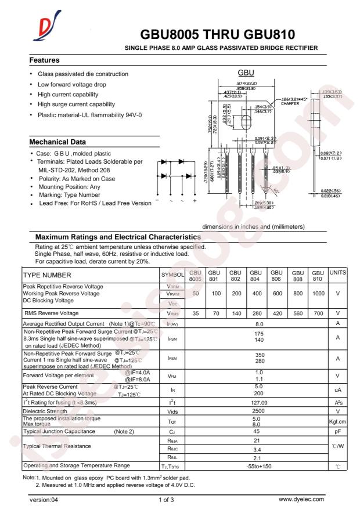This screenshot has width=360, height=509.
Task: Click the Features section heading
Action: coord(45,60)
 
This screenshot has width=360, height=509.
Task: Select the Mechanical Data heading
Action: coord(58,142)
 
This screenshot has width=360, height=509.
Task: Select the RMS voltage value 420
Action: coord(277,313)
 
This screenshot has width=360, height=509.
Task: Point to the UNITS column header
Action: coord(338,272)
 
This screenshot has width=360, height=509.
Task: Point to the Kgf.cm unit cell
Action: coord(338,422)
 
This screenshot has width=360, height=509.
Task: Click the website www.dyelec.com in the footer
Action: coord(301,499)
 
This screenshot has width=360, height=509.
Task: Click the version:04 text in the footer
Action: coord(46,499)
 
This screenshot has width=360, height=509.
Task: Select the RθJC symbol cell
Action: coord(172,449)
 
